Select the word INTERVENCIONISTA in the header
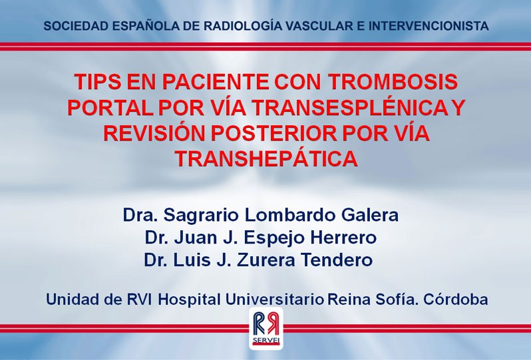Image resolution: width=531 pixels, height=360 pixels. coord(429,26)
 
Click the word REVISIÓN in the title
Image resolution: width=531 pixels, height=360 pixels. coord(154,133)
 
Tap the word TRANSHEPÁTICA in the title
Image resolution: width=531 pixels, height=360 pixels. coord(267,159)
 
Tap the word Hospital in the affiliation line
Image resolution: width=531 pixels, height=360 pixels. coord(189,299)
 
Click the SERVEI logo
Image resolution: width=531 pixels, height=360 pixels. coord(266,329)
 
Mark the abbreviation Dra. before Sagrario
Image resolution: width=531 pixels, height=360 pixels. coord(140,215)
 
